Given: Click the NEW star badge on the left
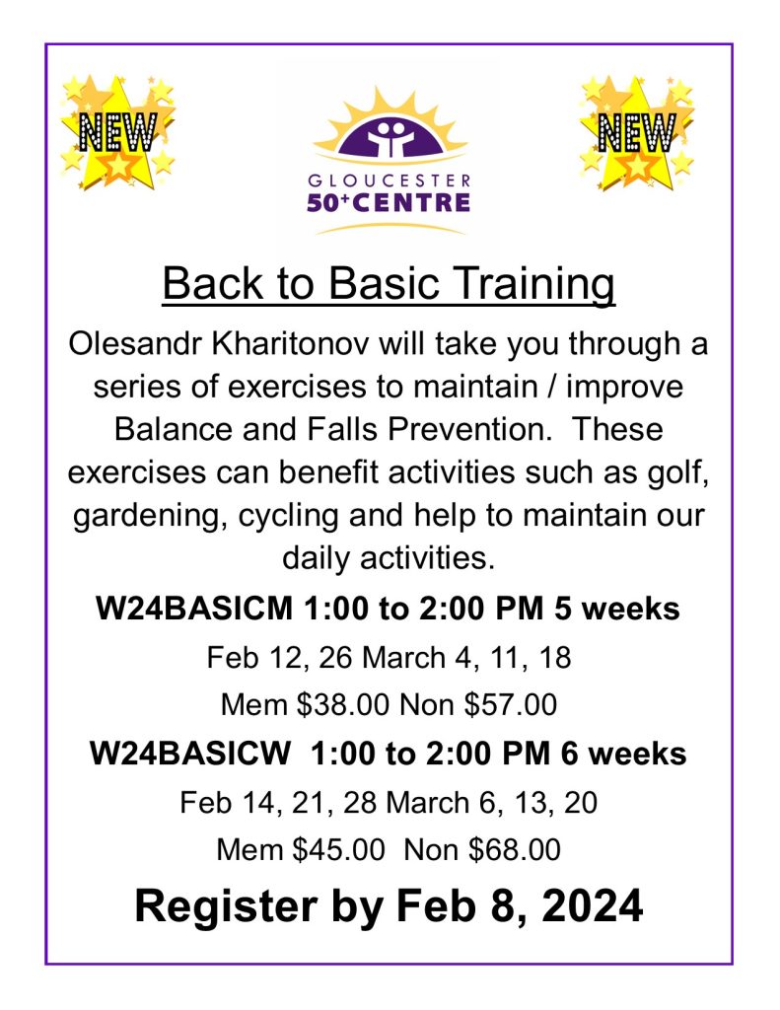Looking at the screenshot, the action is [118, 133].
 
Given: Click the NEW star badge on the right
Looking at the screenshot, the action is [637, 133].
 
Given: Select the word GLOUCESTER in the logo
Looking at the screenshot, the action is [390, 180].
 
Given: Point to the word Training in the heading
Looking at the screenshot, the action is [533, 283].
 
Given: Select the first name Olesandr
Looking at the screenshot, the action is [136, 343].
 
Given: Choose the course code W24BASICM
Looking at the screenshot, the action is [194, 608].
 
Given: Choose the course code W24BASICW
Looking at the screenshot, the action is [190, 753].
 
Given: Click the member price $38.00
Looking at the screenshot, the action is [342, 704].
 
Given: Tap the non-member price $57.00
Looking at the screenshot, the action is [511, 704].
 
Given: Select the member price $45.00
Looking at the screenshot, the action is [339, 849].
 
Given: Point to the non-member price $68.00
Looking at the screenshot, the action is [515, 849].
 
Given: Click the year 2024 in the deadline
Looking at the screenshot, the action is [593, 905].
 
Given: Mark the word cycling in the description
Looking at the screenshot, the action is [288, 516].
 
